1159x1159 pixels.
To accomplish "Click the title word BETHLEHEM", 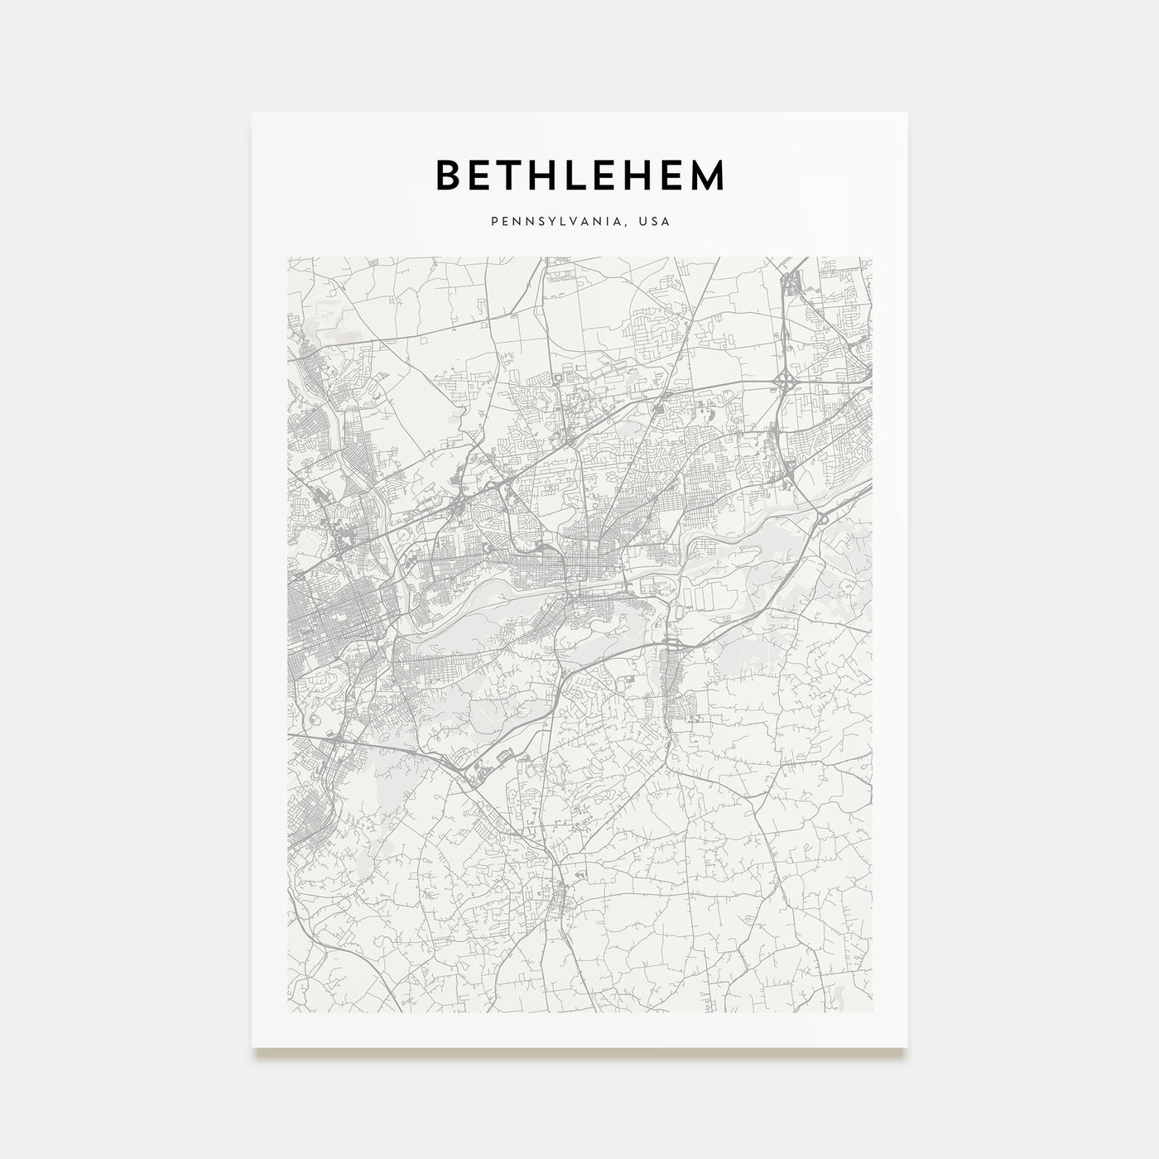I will (x=579, y=175).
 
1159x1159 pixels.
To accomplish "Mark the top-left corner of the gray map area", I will (x=287, y=257).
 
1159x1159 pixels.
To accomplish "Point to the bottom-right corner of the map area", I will (x=872, y=1012).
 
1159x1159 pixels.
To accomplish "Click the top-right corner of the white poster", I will (x=907, y=113).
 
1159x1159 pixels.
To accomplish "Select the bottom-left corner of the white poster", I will (x=252, y=1047).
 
